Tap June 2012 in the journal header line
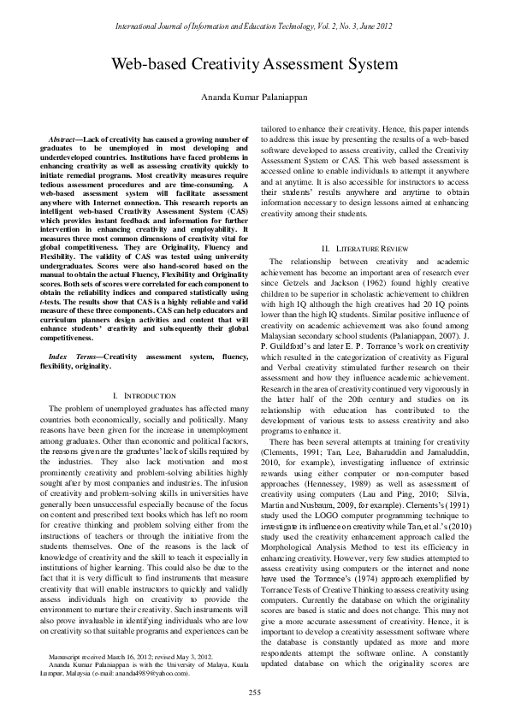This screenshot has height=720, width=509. point(371,27)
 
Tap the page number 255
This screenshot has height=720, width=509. point(254,691)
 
